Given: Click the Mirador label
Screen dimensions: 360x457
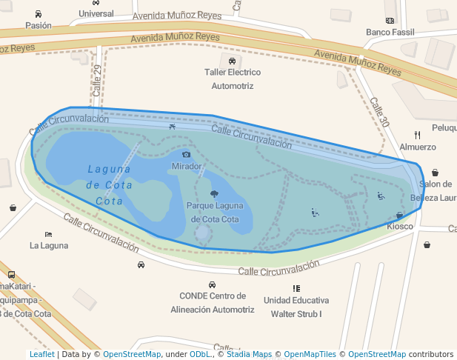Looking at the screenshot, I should pos(187,167).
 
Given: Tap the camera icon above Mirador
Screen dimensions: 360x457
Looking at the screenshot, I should pos(187,155).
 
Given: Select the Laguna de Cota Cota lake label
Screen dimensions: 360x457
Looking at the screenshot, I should pos(109,184).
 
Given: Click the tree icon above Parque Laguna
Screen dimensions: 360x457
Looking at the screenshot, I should pos(214,194).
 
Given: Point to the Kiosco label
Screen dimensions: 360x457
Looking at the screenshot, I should pos(400,226).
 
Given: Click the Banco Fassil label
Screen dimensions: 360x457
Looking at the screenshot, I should pos(390,32).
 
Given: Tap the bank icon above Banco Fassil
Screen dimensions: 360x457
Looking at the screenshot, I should pos(390,21).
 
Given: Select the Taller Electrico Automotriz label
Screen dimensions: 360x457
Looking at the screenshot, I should pos(233,79).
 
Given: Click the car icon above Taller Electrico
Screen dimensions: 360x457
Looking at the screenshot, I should pos(233,61).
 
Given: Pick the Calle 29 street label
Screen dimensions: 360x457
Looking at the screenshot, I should pos(96,80).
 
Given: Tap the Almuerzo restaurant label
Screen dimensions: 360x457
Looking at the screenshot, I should pos(418,147).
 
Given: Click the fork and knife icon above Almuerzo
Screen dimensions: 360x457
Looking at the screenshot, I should pos(418,135).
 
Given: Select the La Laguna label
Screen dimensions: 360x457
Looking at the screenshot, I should pos(49,245).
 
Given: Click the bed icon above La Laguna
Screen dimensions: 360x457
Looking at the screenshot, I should pos(48,234).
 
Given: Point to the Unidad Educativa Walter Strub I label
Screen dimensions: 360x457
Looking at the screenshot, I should pos(296,307).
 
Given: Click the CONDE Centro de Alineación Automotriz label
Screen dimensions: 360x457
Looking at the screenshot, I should pos(213,302).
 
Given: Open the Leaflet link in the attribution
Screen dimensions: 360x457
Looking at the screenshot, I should pos(41,354).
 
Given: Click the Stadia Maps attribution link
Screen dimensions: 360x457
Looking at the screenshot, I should pos(249,354).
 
